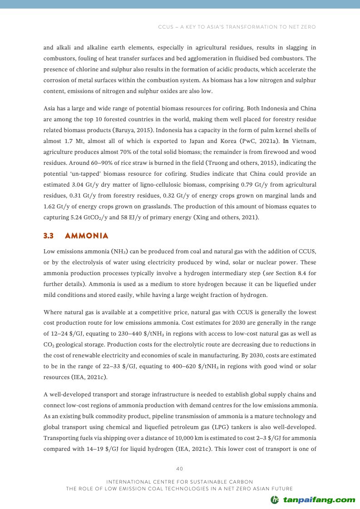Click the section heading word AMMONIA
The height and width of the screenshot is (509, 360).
point(87,236)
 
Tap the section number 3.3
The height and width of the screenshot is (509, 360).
point(49,236)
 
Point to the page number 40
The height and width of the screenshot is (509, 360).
point(180,469)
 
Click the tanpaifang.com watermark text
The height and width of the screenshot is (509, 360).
point(319,500)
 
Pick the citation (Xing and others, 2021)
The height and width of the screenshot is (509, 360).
point(227,217)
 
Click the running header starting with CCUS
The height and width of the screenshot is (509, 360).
point(237,27)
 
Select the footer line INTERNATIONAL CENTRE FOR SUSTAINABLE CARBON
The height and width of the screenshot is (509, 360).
point(179,481)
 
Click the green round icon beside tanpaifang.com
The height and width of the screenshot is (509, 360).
point(275,500)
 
